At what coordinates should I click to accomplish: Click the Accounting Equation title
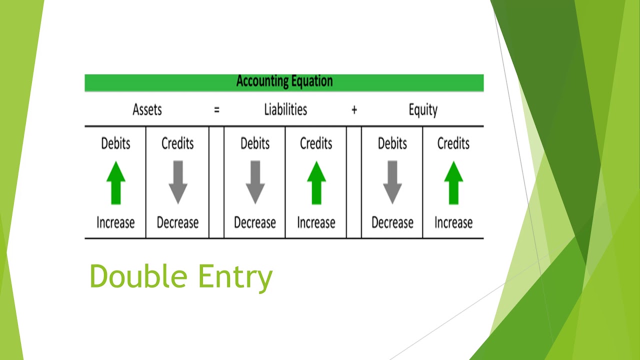[x=284, y=81]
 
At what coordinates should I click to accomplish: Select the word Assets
[x=147, y=110]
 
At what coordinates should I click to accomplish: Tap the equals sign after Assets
[x=216, y=110]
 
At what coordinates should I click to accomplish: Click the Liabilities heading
[x=285, y=110]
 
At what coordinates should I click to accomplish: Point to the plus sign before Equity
[x=354, y=110]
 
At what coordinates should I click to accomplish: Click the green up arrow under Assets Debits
[x=115, y=182]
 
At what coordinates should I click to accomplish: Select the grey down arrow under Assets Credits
[x=177, y=182]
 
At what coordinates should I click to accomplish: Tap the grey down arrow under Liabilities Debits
[x=255, y=182]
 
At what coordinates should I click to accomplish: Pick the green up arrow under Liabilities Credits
[x=316, y=182]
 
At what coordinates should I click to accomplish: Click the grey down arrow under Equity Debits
[x=392, y=182]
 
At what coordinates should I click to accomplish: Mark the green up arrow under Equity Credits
[x=453, y=182]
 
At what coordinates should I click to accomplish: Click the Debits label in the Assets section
[x=115, y=143]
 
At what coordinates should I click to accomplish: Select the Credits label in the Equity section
[x=453, y=143]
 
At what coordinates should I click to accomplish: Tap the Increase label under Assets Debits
[x=115, y=222]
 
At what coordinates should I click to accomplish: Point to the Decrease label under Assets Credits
[x=177, y=222]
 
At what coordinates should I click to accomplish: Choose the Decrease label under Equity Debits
[x=392, y=222]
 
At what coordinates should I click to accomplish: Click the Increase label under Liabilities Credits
[x=316, y=222]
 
